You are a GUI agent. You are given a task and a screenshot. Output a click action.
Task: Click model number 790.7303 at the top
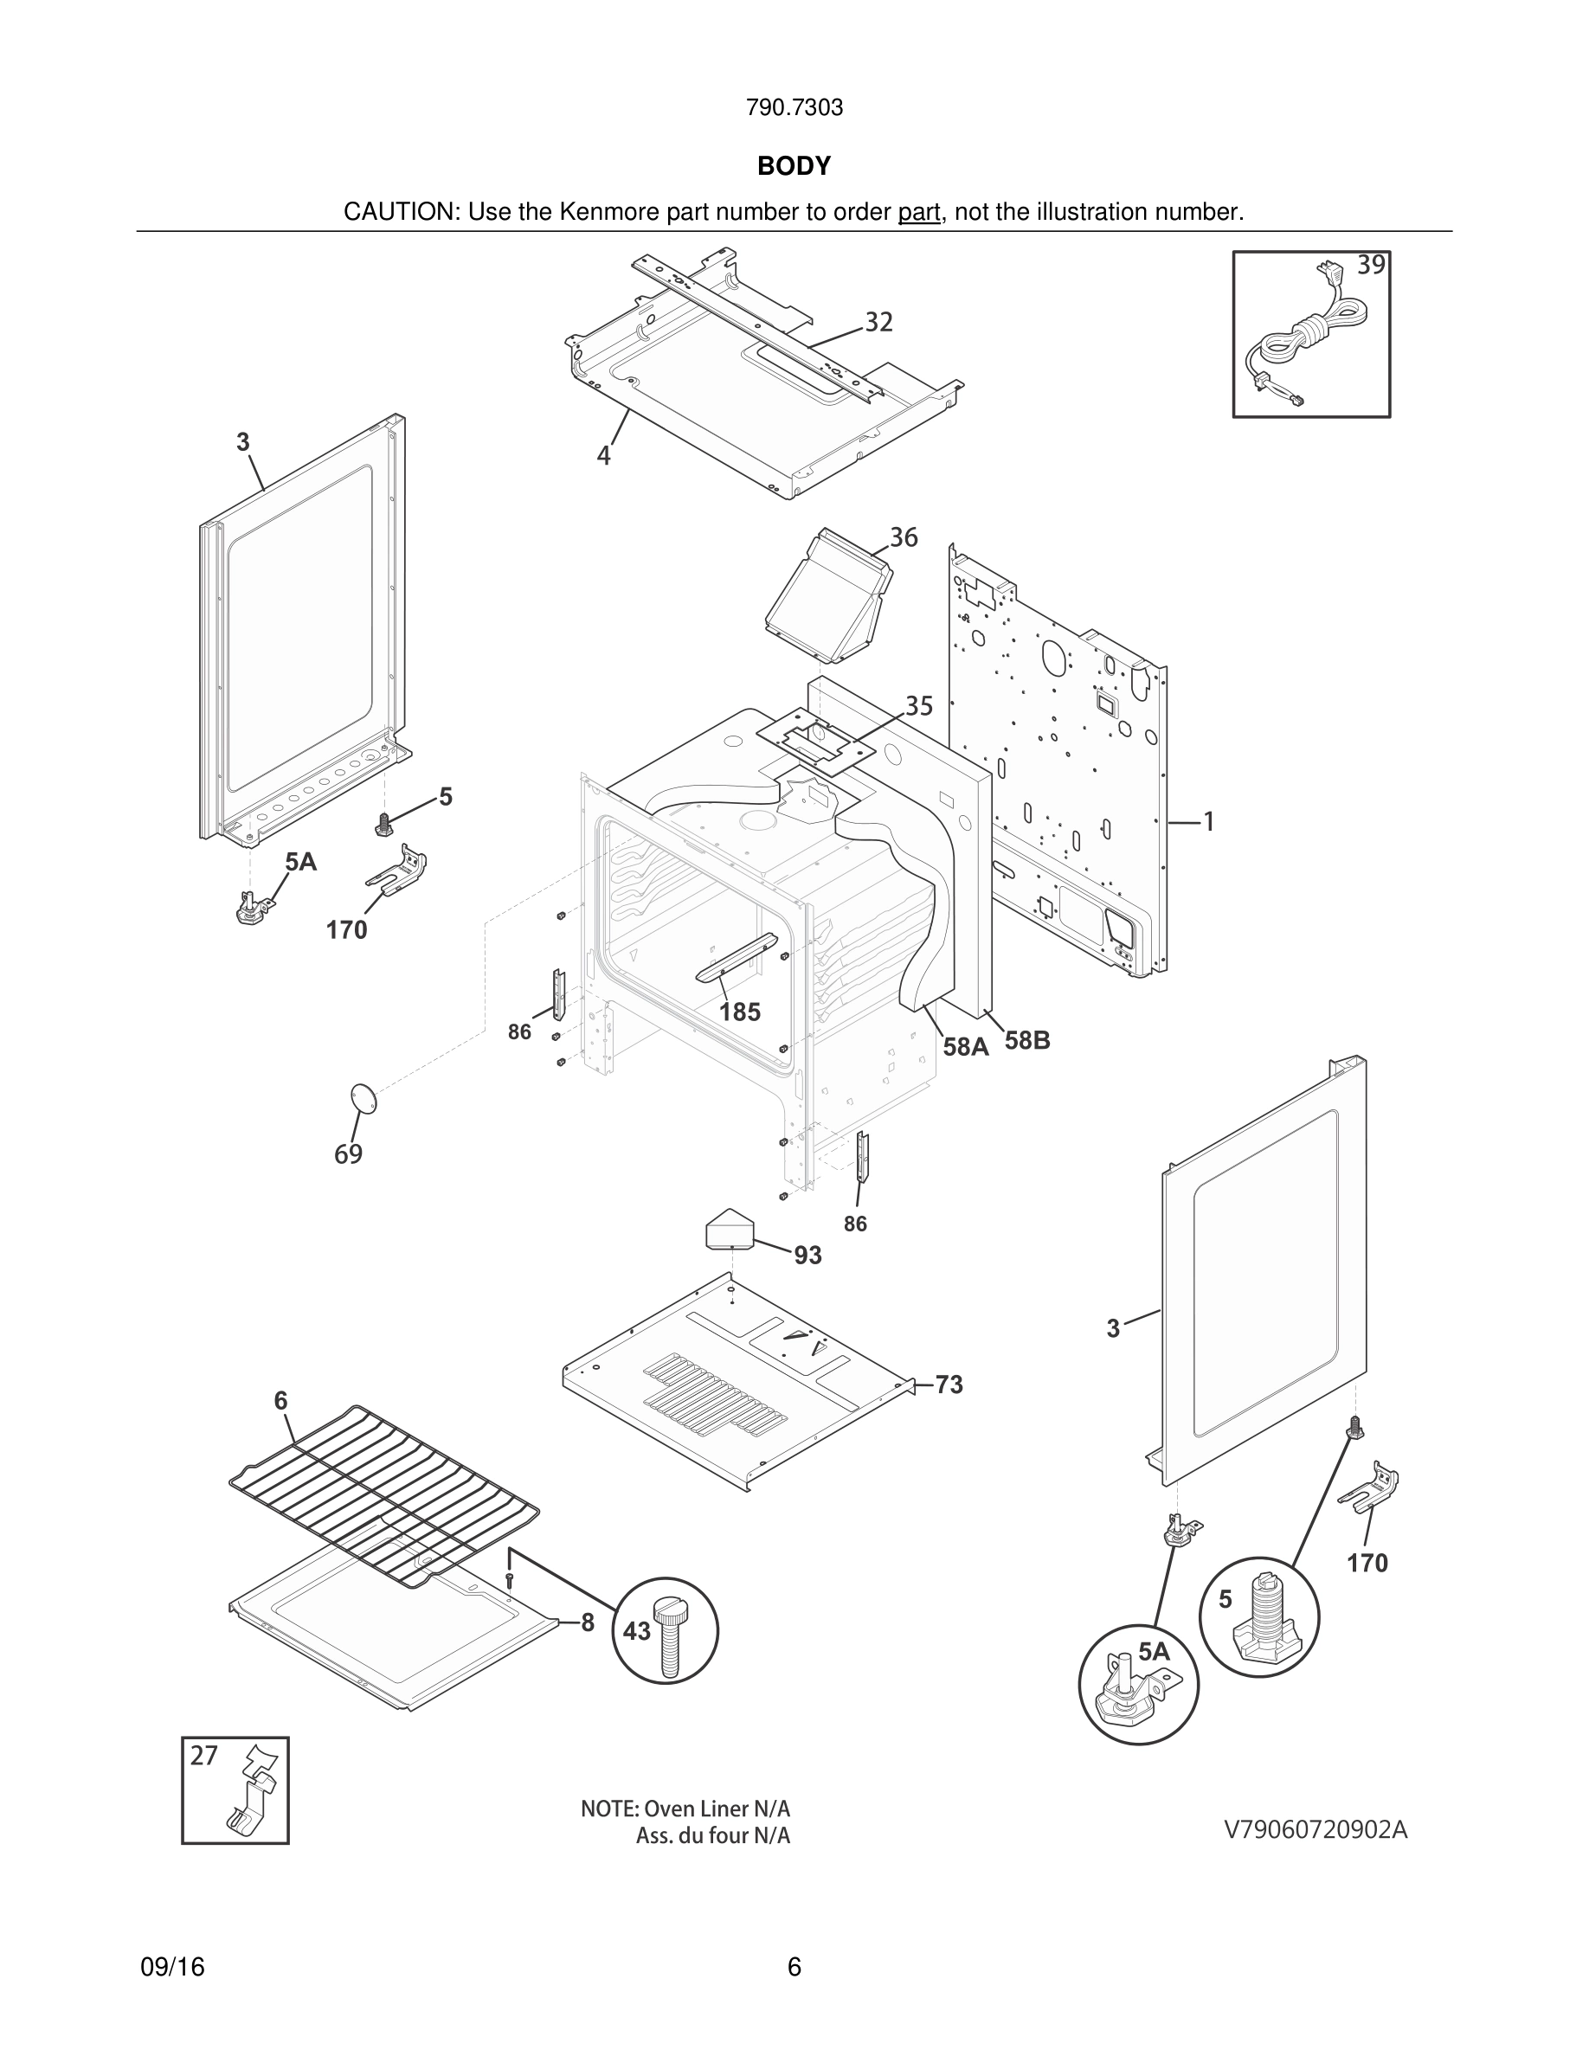tap(794, 108)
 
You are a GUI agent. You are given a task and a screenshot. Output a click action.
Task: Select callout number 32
tap(878, 323)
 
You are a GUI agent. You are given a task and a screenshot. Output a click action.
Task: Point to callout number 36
tap(903, 537)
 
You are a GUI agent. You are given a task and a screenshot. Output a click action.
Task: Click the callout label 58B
tap(1027, 1041)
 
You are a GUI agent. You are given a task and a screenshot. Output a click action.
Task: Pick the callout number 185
tap(740, 1012)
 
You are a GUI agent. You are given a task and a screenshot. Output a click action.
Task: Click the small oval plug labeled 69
tap(363, 1099)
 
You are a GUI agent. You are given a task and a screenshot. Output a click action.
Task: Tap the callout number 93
tap(807, 1256)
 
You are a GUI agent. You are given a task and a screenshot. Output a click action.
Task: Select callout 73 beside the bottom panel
tap(949, 1385)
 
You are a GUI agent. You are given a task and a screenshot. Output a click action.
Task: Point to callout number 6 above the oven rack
tap(280, 1401)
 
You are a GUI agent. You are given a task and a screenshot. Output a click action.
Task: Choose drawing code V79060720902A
tap(1315, 1829)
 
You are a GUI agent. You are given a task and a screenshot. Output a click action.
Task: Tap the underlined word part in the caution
tap(919, 213)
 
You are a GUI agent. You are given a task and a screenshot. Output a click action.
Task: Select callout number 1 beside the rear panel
tap(1209, 823)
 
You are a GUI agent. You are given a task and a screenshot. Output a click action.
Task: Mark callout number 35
tap(919, 706)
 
